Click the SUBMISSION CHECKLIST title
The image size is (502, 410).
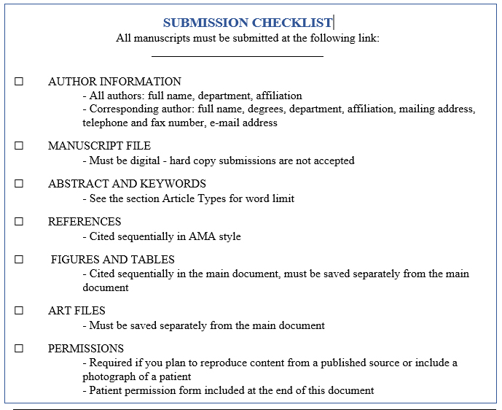(247, 23)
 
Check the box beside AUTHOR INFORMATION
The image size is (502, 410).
(19, 82)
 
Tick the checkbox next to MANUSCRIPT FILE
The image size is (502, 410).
(19, 146)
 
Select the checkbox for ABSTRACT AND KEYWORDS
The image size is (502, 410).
(19, 184)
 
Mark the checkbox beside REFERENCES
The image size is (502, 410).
(19, 222)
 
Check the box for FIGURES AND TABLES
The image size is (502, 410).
(19, 260)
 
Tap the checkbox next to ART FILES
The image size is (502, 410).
(19, 311)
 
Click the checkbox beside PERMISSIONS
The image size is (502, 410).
(19, 349)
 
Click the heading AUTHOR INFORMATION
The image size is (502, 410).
(114, 82)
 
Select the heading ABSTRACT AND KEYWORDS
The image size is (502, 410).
(127, 184)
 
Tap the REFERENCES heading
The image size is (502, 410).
(85, 222)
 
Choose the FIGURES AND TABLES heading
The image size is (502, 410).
(113, 260)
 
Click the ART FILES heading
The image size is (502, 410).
(77, 311)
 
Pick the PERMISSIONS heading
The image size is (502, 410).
(86, 349)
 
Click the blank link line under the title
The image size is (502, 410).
(237, 55)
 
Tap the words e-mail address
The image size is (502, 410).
(243, 123)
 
